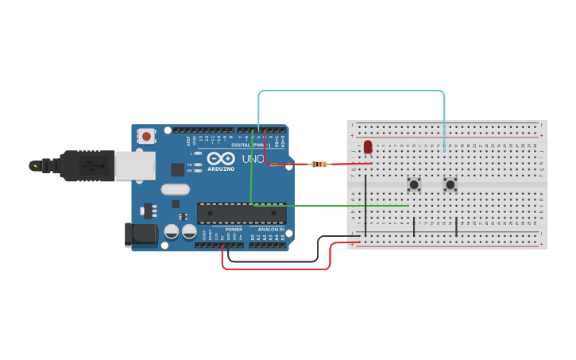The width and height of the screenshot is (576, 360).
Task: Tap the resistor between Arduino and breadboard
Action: click(x=319, y=165)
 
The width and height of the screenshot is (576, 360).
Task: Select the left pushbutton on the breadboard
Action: click(x=414, y=184)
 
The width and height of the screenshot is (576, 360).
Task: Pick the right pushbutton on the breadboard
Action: click(x=450, y=184)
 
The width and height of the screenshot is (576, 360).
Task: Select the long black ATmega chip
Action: click(x=242, y=213)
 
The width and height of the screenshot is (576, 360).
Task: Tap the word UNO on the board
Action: click(x=253, y=159)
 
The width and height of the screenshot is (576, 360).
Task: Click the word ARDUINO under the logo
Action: click(x=220, y=169)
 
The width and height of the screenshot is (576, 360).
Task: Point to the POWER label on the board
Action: click(x=234, y=229)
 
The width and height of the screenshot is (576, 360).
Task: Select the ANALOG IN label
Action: click(x=270, y=229)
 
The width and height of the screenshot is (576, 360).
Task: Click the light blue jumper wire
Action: click(x=350, y=91)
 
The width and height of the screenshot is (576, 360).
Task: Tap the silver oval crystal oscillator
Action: click(x=175, y=189)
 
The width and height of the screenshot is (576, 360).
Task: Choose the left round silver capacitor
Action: click(x=172, y=232)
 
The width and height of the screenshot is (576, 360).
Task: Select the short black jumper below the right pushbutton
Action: click(x=457, y=226)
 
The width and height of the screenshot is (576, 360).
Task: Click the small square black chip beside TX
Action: click(x=177, y=169)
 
